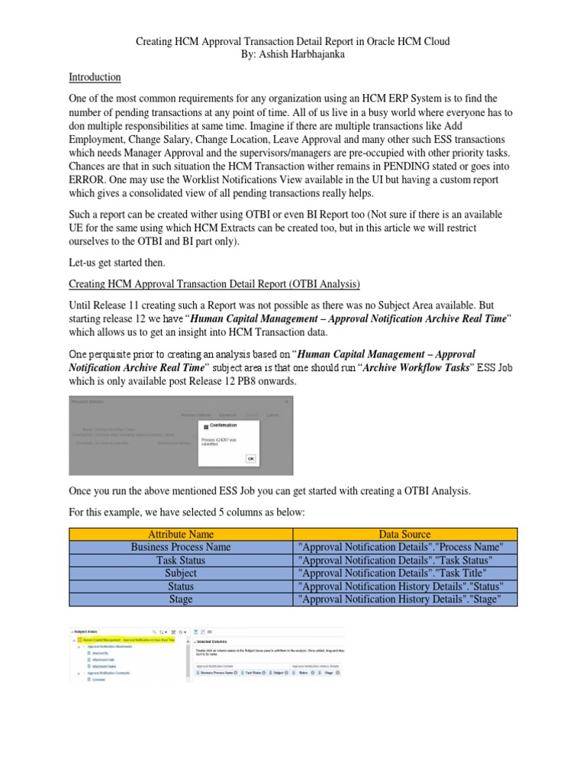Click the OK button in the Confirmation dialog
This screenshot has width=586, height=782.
[250, 458]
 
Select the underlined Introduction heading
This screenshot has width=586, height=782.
[95, 77]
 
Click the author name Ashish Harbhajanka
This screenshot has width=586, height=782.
[293, 56]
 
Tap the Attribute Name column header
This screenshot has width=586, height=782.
[180, 535]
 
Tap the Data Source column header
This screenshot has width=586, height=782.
[404, 535]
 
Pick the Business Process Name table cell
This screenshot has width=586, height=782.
[180, 548]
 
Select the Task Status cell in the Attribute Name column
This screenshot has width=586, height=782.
[180, 561]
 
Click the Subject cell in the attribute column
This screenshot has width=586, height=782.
[180, 574]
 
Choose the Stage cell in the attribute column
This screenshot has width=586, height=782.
[180, 599]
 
